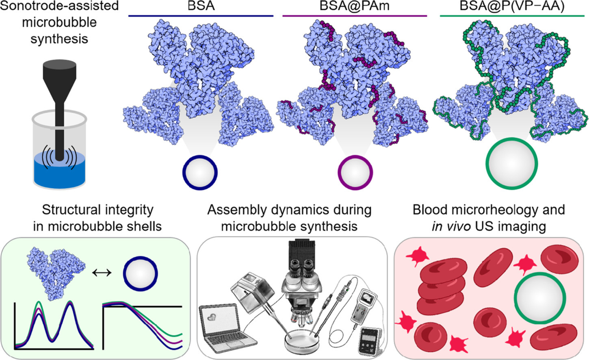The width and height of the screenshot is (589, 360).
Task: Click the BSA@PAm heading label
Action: coord(354,7)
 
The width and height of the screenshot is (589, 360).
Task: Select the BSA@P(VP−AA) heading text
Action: coord(512,6)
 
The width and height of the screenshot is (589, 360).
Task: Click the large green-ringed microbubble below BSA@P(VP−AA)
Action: coord(512,163)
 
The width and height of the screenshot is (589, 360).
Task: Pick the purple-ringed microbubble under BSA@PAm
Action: coord(355,173)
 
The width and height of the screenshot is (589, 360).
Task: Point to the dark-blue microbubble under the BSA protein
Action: coord(200,172)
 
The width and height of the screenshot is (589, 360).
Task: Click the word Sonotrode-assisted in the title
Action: coord(59,6)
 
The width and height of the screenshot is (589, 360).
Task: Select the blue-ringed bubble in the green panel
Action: coord(141,273)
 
